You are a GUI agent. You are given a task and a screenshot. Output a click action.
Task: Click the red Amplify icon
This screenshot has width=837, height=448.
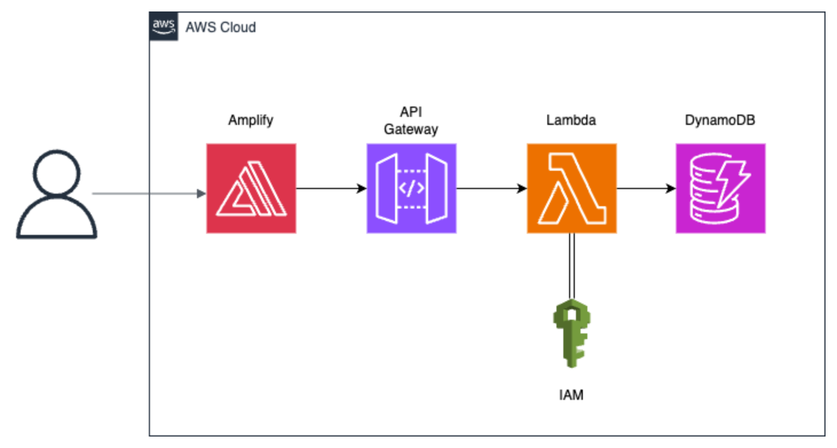pyautogui.click(x=251, y=188)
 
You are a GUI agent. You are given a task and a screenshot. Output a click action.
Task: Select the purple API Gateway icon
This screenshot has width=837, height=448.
pyautogui.click(x=411, y=188)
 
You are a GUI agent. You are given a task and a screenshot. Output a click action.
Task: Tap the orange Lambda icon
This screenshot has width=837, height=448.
pyautogui.click(x=571, y=188)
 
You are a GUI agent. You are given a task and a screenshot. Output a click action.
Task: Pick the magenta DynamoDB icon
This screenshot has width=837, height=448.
pyautogui.click(x=720, y=188)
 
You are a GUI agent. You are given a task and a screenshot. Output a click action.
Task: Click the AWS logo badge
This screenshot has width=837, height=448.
pyautogui.click(x=163, y=26)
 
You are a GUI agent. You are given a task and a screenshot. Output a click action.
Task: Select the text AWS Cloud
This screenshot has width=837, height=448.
pyautogui.click(x=220, y=27)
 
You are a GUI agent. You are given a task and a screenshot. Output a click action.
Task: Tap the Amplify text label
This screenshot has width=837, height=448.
pyautogui.click(x=251, y=120)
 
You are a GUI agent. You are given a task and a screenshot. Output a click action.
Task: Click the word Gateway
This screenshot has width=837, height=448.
pyautogui.click(x=411, y=129)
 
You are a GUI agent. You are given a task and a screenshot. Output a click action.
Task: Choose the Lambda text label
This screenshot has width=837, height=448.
pyautogui.click(x=571, y=120)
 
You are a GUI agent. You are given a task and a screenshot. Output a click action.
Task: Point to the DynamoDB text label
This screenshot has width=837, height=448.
pyautogui.click(x=720, y=120)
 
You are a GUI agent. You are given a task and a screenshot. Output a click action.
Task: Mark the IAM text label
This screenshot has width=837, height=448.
pyautogui.click(x=571, y=395)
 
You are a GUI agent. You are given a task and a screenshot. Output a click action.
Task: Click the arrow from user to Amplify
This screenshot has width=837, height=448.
pyautogui.click(x=149, y=194)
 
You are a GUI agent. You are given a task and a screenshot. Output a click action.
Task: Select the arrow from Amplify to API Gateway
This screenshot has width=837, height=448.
pyautogui.click(x=331, y=188)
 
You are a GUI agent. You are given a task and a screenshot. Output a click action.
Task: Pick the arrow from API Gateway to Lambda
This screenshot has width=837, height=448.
pyautogui.click(x=491, y=188)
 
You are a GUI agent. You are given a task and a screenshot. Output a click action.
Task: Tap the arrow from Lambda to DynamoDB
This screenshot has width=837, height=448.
pyautogui.click(x=646, y=188)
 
